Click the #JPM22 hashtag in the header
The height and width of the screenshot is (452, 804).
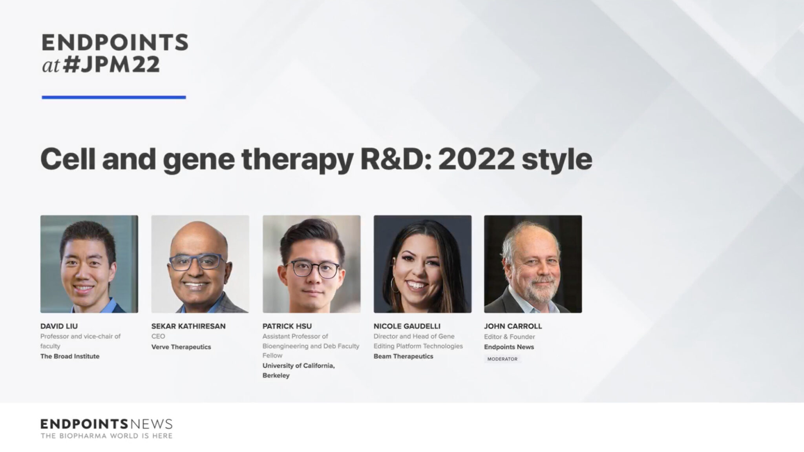[x=111, y=64]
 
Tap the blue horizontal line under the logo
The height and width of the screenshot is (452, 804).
[x=114, y=97]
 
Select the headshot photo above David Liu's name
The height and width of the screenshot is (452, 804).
[x=89, y=264]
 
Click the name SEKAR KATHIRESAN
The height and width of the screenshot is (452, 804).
[x=188, y=326]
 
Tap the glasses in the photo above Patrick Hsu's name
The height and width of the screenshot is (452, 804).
[x=312, y=269]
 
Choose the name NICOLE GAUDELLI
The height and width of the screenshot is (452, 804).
[x=407, y=326]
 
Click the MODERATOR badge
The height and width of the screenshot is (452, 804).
[x=502, y=359]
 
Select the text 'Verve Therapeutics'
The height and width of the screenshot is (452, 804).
[x=181, y=347]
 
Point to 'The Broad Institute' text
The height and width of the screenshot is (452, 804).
[x=70, y=356]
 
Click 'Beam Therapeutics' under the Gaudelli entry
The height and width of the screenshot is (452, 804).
[x=404, y=356]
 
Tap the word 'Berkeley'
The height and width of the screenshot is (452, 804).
[x=276, y=375]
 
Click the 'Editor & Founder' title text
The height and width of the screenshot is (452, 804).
[x=510, y=337]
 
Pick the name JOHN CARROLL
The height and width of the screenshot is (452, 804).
[x=513, y=326]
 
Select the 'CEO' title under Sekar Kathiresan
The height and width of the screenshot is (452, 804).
[x=158, y=336]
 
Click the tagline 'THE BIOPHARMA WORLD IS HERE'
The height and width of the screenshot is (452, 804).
[x=106, y=436]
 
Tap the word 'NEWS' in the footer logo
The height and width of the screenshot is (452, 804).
[x=151, y=424]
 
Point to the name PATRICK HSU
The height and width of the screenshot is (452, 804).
[x=287, y=326]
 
